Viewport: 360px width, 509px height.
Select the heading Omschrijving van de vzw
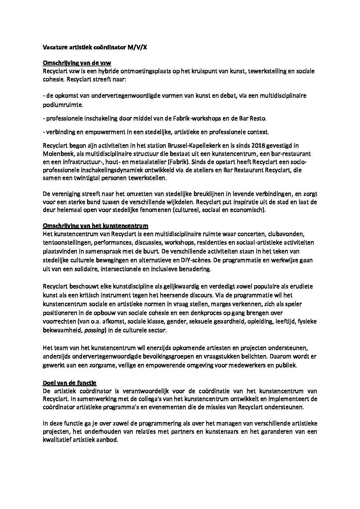(77, 63)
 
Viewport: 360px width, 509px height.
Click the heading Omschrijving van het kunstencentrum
(95, 226)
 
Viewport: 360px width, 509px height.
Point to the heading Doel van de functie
(70, 383)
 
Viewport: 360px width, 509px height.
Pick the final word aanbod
(107, 440)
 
